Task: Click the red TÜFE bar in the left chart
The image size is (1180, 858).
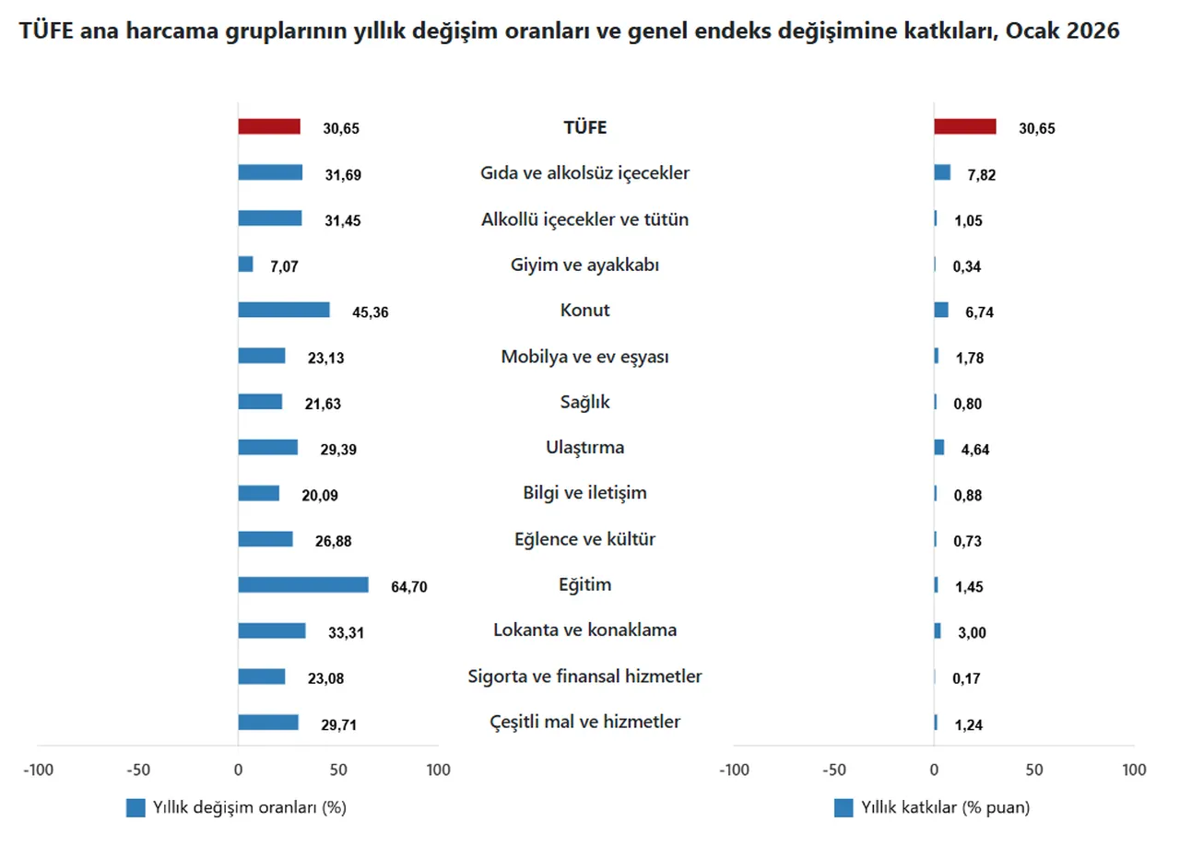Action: click(x=269, y=127)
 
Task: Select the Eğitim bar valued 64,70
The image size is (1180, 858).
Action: click(x=303, y=585)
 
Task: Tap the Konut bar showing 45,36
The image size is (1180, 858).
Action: click(x=284, y=311)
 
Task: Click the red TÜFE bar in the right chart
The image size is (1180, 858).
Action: click(x=965, y=127)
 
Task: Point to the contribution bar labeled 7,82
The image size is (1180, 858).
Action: click(x=942, y=173)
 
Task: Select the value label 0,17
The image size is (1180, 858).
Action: click(x=968, y=678)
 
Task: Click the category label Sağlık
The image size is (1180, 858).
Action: click(x=584, y=402)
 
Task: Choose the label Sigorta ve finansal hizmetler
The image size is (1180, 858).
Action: click(x=584, y=676)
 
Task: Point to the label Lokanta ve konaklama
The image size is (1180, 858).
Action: click(x=584, y=630)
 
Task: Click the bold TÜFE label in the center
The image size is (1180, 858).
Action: click(x=584, y=128)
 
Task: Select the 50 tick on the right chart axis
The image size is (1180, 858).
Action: click(x=1034, y=770)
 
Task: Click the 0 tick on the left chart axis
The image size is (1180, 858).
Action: click(x=238, y=770)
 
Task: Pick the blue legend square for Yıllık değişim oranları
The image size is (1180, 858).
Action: click(x=136, y=808)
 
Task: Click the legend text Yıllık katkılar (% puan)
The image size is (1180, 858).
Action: click(x=945, y=808)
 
